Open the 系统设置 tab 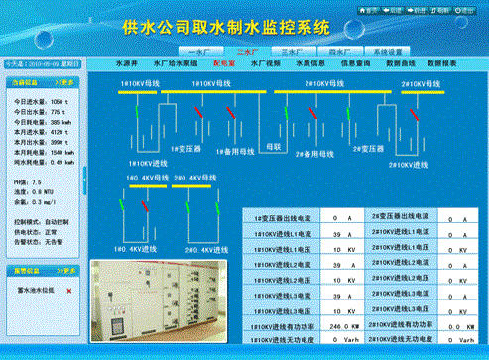point(391,49)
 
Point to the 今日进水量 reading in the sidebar point(40,102)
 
